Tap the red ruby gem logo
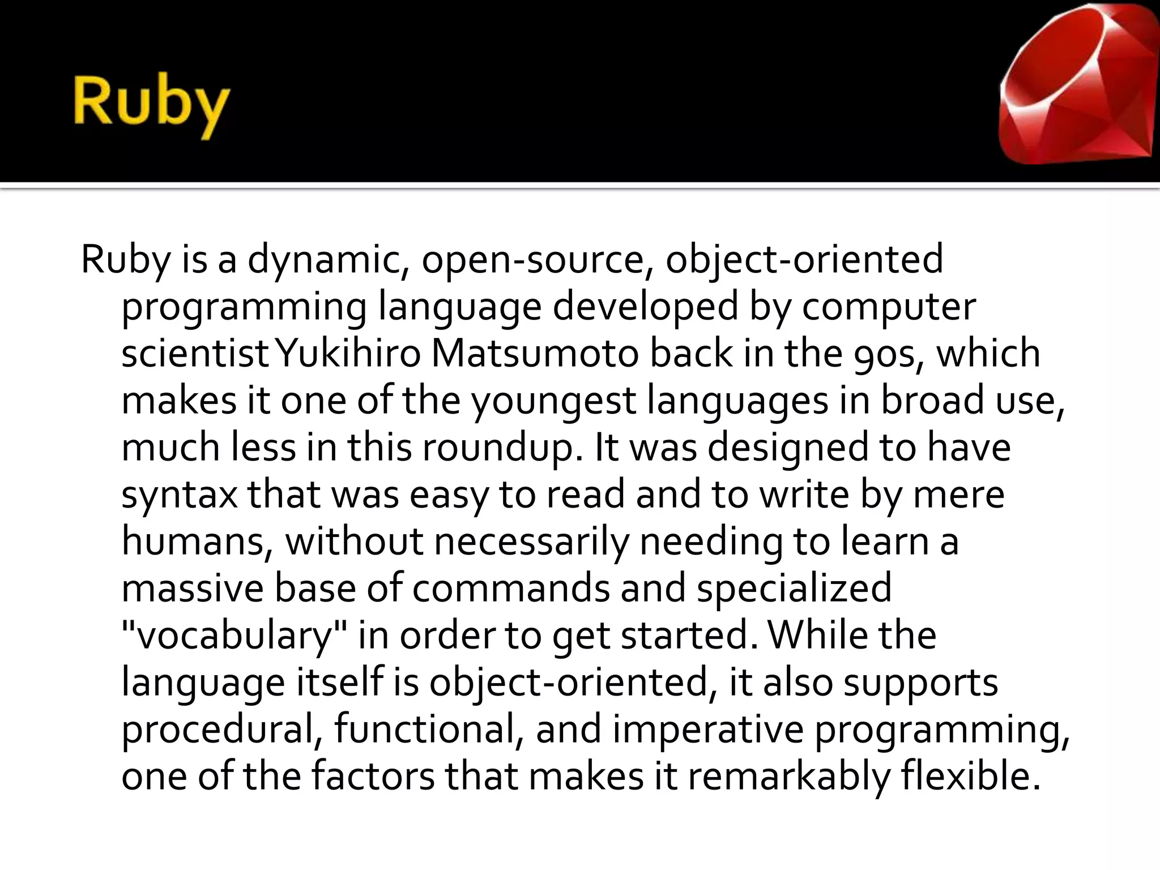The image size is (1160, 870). tap(1076, 85)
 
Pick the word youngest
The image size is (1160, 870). tap(553, 401)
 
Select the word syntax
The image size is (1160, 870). tap(180, 495)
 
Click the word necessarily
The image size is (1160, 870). tap(531, 541)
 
